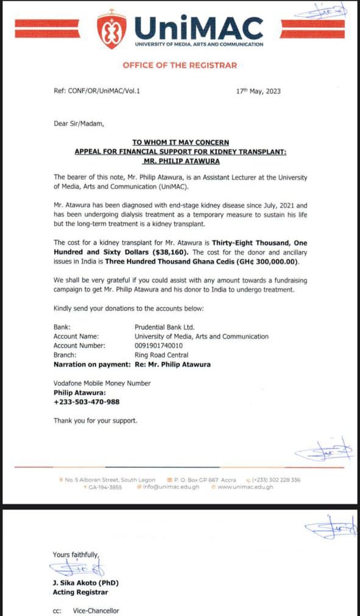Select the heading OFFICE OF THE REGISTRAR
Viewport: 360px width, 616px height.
tap(180, 65)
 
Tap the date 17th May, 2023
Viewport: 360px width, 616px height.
tap(258, 91)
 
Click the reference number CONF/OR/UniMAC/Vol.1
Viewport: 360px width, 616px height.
tap(105, 91)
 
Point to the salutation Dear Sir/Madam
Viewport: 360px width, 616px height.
tap(79, 124)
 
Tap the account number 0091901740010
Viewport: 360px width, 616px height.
tap(160, 345)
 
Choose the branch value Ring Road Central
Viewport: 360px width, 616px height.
tap(161, 355)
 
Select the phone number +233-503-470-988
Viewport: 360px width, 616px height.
tap(86, 402)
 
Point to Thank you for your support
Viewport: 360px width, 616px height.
tap(95, 420)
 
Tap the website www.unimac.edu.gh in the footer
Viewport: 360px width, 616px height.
tap(245, 487)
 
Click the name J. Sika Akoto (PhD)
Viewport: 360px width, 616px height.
tap(81, 582)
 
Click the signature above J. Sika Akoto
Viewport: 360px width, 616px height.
tap(79, 569)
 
